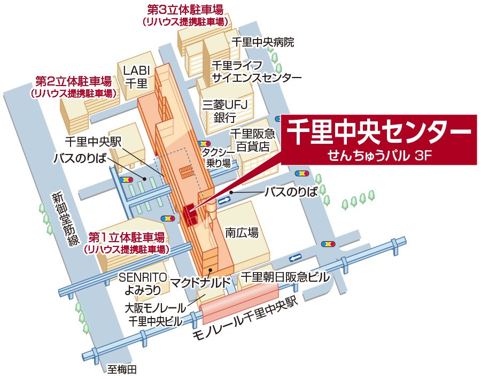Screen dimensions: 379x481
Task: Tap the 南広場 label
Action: point(242,233)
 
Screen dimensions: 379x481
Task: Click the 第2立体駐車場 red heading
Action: point(74,81)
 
